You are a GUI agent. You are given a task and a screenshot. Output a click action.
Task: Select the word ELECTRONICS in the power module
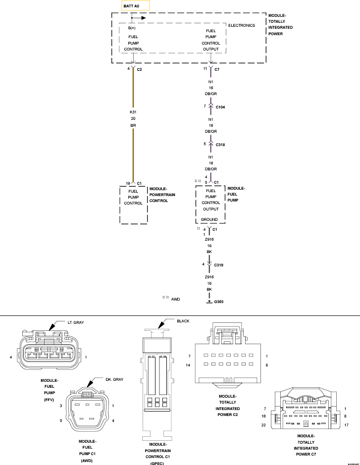(x=242, y=25)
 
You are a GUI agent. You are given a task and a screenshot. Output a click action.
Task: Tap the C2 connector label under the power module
(x=140, y=69)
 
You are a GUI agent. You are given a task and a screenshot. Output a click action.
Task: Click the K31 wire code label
(x=133, y=112)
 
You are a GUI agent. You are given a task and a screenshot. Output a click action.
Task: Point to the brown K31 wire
(x=133, y=149)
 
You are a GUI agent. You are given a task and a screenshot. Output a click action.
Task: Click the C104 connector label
(x=220, y=106)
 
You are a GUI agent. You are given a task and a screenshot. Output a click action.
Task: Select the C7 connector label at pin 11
(x=217, y=69)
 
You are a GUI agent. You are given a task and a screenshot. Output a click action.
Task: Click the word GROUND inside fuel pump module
(x=209, y=219)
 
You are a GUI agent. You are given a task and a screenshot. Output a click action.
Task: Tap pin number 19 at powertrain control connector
(x=127, y=183)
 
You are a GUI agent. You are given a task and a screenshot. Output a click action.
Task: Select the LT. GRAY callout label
(x=76, y=322)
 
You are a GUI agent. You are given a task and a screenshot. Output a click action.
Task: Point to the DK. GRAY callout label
(x=114, y=379)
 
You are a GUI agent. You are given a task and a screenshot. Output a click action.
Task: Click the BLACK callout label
(x=183, y=321)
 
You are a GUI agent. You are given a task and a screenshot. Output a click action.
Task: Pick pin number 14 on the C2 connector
(x=189, y=365)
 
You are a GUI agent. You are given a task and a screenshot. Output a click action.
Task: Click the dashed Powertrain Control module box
(x=133, y=205)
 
